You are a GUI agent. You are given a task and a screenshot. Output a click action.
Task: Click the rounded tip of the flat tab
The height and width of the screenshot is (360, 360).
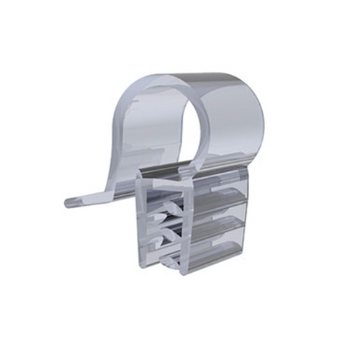coord(70,202)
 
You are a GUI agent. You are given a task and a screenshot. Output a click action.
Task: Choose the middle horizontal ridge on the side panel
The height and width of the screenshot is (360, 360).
coord(225,222)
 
